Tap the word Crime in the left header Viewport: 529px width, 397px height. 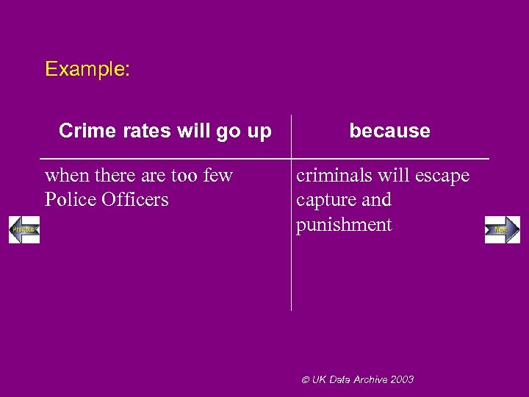point(82,131)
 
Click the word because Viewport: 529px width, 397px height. point(389,131)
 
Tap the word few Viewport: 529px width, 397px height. point(217,175)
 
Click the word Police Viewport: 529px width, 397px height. point(70,199)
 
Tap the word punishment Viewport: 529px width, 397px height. point(344,225)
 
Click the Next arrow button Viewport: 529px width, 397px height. point(502,230)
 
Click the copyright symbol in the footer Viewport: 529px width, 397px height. point(307,379)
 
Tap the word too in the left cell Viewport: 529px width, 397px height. point(186,175)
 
